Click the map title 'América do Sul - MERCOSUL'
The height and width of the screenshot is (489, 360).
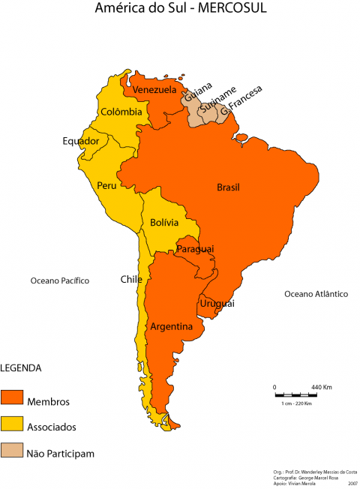(180, 8)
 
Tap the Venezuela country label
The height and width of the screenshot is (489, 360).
(154, 90)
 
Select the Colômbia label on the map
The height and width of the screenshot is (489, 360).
(121, 112)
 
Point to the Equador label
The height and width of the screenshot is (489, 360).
(80, 140)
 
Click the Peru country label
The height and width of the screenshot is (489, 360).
(106, 185)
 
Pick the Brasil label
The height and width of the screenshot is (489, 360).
(228, 187)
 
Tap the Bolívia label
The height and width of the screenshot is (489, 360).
(163, 223)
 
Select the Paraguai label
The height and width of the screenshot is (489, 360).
(195, 248)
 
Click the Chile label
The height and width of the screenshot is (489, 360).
(131, 279)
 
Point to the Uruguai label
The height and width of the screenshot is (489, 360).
(217, 303)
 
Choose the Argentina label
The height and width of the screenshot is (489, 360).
(172, 327)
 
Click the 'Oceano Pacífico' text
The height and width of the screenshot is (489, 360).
(60, 280)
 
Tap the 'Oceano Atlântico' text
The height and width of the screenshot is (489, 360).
(316, 294)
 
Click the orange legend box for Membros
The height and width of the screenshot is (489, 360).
(12, 400)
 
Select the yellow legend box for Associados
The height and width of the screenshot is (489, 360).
(12, 427)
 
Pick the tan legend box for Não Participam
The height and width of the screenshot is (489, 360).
(12, 452)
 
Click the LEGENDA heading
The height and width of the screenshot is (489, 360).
(20, 368)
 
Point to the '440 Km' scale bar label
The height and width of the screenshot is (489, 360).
(322, 387)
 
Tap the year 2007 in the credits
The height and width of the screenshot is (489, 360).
(352, 484)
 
